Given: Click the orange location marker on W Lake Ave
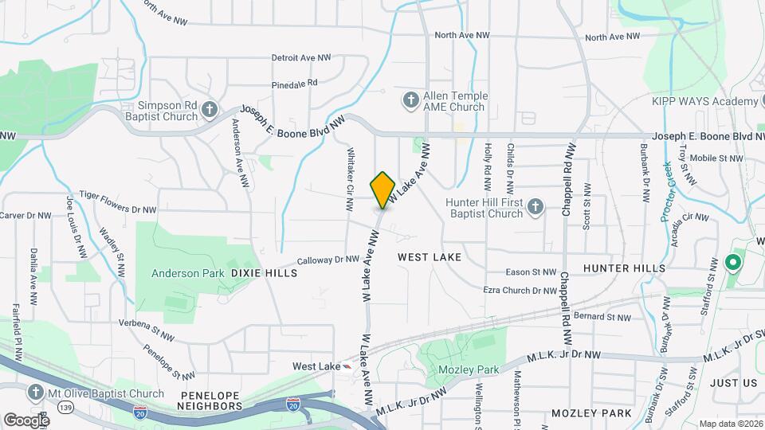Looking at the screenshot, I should (x=383, y=189).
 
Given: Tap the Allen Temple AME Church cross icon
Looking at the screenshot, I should (x=410, y=100).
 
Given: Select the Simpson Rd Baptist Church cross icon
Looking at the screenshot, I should (x=209, y=110).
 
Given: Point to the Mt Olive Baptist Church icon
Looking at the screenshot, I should (x=35, y=393).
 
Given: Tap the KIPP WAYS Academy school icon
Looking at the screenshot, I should (x=750, y=101).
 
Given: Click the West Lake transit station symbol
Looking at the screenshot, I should (x=347, y=366).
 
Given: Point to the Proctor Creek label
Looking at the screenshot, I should (x=666, y=191).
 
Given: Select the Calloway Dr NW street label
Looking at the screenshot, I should (x=328, y=260).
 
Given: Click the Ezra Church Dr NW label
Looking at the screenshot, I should (x=520, y=291).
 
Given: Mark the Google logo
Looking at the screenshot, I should (x=27, y=420).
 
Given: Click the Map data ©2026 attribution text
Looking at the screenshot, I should (x=729, y=424).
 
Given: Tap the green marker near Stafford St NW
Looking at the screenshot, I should (x=732, y=261).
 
